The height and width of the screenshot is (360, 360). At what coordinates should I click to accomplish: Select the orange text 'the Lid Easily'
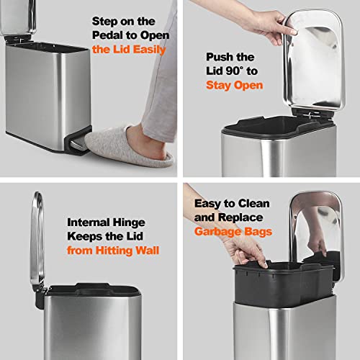[129, 50]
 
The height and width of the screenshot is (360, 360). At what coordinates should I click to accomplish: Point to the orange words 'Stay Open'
[234, 85]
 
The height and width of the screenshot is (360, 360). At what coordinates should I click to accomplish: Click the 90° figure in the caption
[245, 71]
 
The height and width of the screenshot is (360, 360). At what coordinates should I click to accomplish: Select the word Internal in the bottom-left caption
[89, 222]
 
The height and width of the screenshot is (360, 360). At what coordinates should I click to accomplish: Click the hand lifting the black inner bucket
[241, 248]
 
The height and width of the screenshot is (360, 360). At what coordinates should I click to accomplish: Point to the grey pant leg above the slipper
[155, 72]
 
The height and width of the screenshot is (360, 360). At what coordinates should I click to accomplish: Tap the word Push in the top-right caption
[220, 57]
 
